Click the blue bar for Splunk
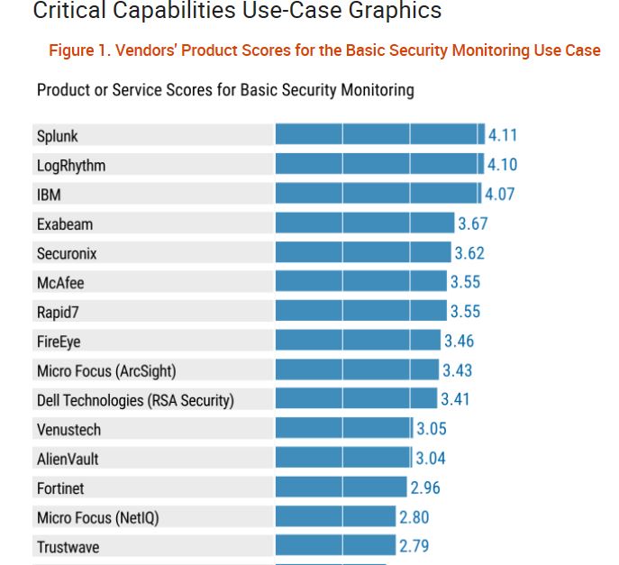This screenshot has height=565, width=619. tap(379, 135)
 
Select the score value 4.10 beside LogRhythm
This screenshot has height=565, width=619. tap(502, 165)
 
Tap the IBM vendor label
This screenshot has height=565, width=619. tap(49, 195)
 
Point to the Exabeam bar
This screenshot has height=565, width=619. tap(364, 223)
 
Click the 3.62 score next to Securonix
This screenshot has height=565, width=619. tap(469, 253)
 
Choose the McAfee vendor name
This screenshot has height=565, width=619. tap(60, 283)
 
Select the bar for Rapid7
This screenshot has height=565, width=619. tap(360, 312)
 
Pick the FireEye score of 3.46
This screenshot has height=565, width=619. tap(459, 341)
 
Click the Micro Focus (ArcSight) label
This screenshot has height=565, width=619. tap(106, 370)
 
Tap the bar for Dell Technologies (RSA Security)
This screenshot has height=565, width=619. tap(356, 399)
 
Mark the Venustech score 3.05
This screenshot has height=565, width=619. tap(432, 429)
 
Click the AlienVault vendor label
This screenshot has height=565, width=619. tap(68, 459)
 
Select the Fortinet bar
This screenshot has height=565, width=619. tap(341, 488)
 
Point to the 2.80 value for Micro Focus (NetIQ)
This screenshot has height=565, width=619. tap(414, 517)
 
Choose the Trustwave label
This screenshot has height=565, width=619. tap(68, 547)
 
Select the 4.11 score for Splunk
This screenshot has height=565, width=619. tap(503, 135)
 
